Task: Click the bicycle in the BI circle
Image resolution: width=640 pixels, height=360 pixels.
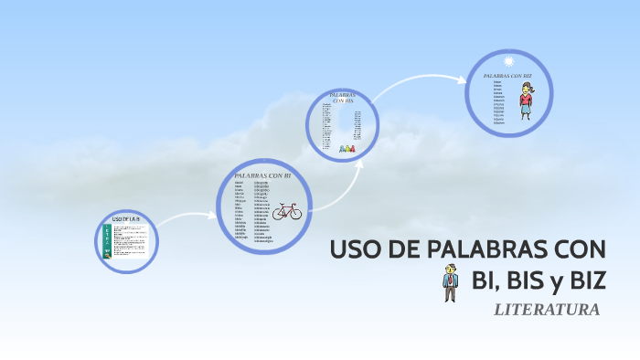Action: [x=286, y=212]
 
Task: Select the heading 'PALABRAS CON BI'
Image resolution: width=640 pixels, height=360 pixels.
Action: [x=262, y=175]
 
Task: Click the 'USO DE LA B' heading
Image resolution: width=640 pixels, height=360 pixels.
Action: [x=125, y=220]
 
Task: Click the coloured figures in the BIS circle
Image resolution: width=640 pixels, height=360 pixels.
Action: [x=347, y=147]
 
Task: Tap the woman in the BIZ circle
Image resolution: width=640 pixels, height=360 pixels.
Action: [x=527, y=101]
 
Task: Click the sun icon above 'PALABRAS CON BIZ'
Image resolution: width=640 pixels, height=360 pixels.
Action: [x=508, y=60]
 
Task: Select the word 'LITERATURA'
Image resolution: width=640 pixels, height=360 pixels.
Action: [x=546, y=310]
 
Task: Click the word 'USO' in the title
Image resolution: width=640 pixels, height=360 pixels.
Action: [x=350, y=249]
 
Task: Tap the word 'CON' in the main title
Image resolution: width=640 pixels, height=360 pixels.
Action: [x=581, y=249]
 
